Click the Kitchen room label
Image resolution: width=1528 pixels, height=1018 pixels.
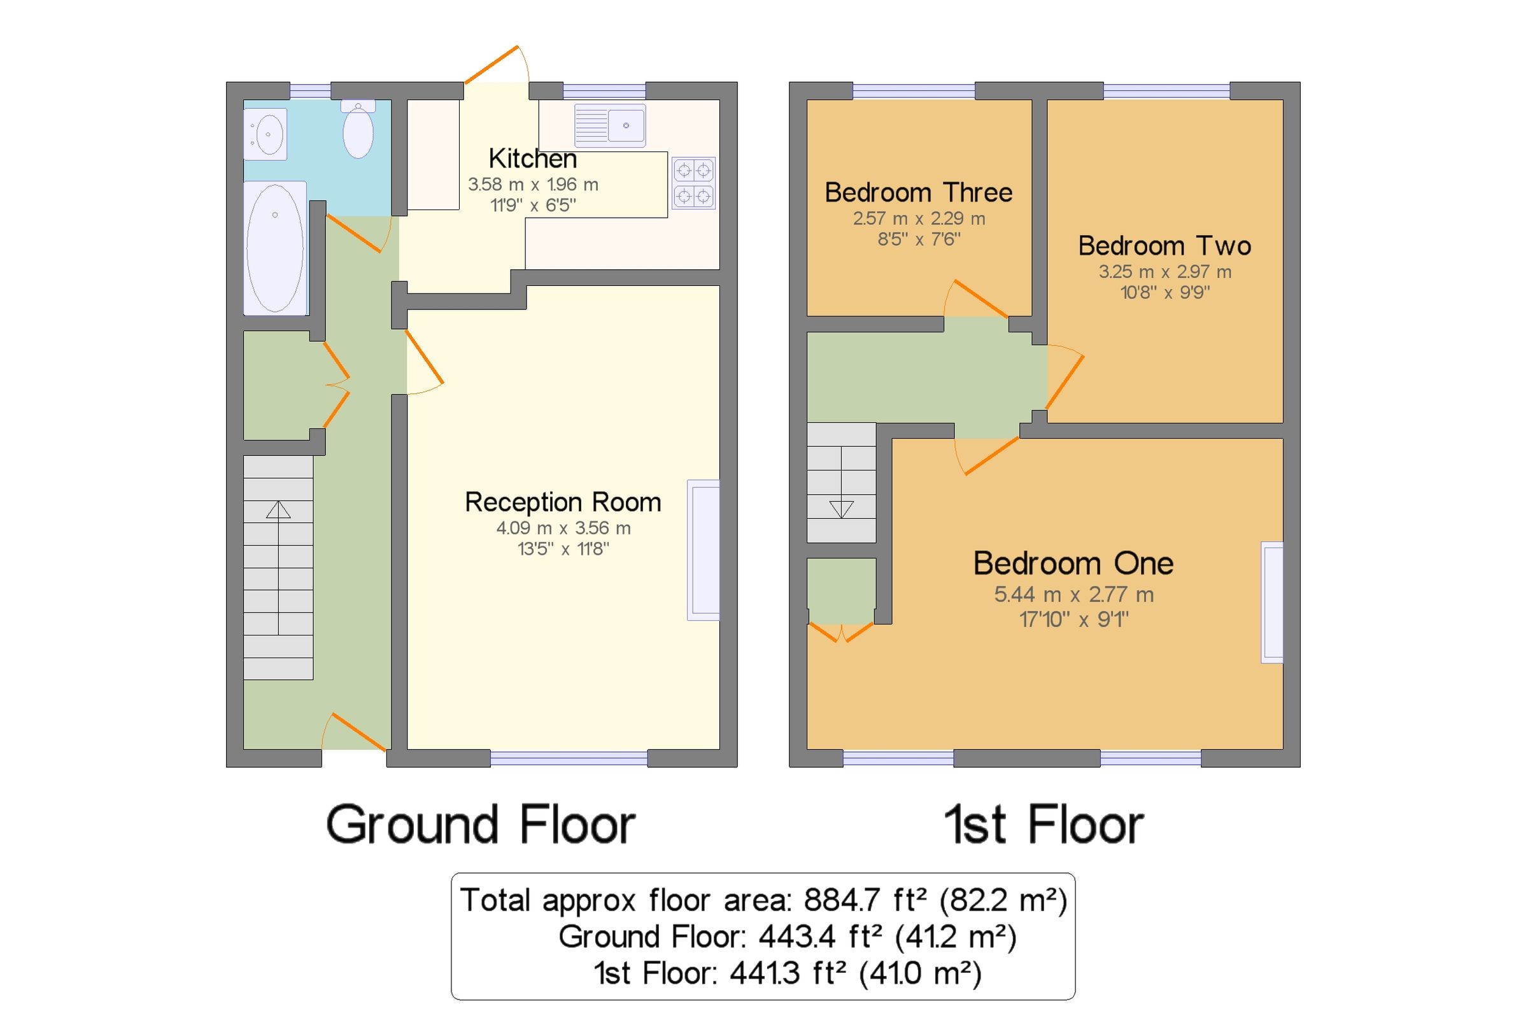532,159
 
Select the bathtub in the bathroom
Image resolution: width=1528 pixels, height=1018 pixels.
274,248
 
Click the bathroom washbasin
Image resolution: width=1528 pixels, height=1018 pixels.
266,134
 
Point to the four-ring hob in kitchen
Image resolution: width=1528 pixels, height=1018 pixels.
693,183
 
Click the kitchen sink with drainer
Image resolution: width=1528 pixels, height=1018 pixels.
609,125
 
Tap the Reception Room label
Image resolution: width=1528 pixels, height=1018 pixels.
563,502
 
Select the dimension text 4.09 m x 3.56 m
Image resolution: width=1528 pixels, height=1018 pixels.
563,528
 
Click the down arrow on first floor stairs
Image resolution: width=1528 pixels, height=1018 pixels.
841,509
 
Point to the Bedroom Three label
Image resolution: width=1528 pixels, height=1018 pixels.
918,193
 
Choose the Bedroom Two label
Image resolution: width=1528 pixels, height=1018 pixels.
1164,246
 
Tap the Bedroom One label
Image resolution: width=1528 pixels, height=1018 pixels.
1073,563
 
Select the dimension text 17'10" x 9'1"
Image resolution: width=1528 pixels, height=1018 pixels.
1073,619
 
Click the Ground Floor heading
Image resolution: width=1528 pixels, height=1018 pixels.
480,824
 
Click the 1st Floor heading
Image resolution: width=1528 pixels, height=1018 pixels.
1043,824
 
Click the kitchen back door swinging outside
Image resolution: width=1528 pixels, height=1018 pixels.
492,65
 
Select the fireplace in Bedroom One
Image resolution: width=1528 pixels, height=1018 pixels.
1271,602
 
